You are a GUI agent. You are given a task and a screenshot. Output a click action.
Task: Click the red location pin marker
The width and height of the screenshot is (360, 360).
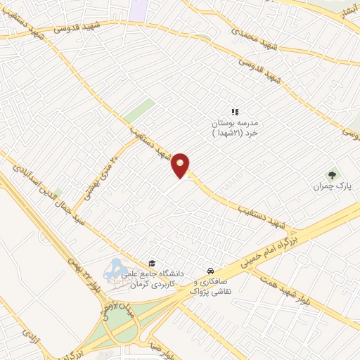[x=181, y=166]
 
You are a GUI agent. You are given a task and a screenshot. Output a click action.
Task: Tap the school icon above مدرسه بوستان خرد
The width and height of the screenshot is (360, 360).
[x=236, y=112]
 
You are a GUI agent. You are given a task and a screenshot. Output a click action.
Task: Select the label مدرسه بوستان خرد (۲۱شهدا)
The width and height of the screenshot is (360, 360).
[x=236, y=129]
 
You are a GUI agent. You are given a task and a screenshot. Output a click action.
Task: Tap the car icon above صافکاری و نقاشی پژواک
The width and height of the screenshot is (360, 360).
[x=210, y=270]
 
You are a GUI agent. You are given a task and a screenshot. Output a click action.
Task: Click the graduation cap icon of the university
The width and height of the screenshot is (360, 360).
[x=151, y=263]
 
